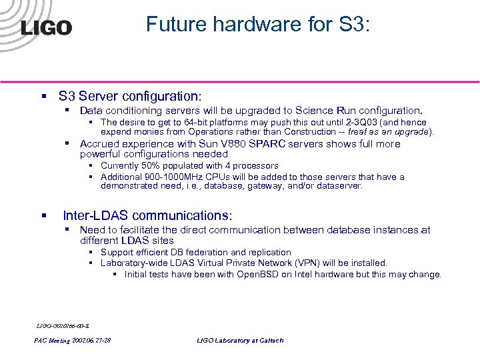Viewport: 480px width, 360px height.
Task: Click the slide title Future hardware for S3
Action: click(262, 25)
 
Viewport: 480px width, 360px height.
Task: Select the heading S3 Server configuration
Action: click(130, 96)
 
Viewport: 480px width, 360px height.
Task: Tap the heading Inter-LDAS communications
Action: click(147, 215)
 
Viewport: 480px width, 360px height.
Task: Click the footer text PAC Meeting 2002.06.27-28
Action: click(72, 340)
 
